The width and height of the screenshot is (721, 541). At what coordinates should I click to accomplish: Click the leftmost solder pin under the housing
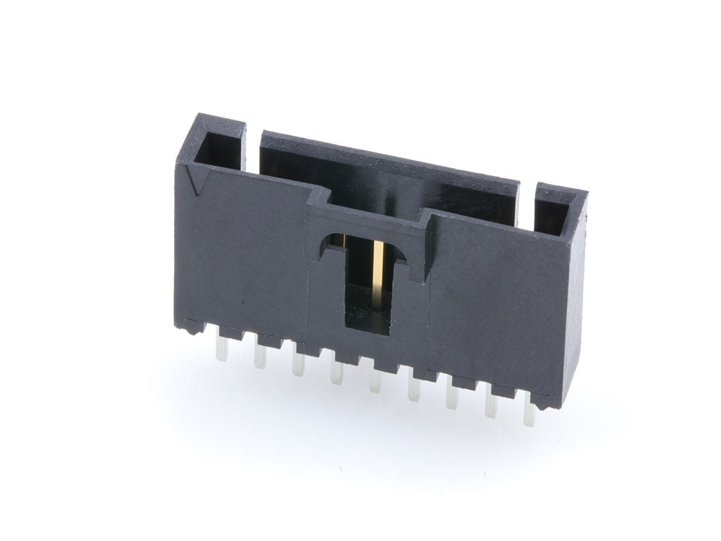click(222, 350)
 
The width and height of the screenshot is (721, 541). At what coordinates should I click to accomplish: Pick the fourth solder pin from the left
click(337, 373)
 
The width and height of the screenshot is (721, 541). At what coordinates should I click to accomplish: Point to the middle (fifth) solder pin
click(375, 381)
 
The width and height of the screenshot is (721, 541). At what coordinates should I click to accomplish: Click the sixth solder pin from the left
click(413, 389)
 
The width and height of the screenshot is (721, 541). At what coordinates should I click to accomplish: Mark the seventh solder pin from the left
click(452, 397)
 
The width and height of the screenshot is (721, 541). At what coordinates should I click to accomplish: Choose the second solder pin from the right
click(491, 406)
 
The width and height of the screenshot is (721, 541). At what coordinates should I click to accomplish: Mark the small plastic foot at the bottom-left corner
click(189, 326)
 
